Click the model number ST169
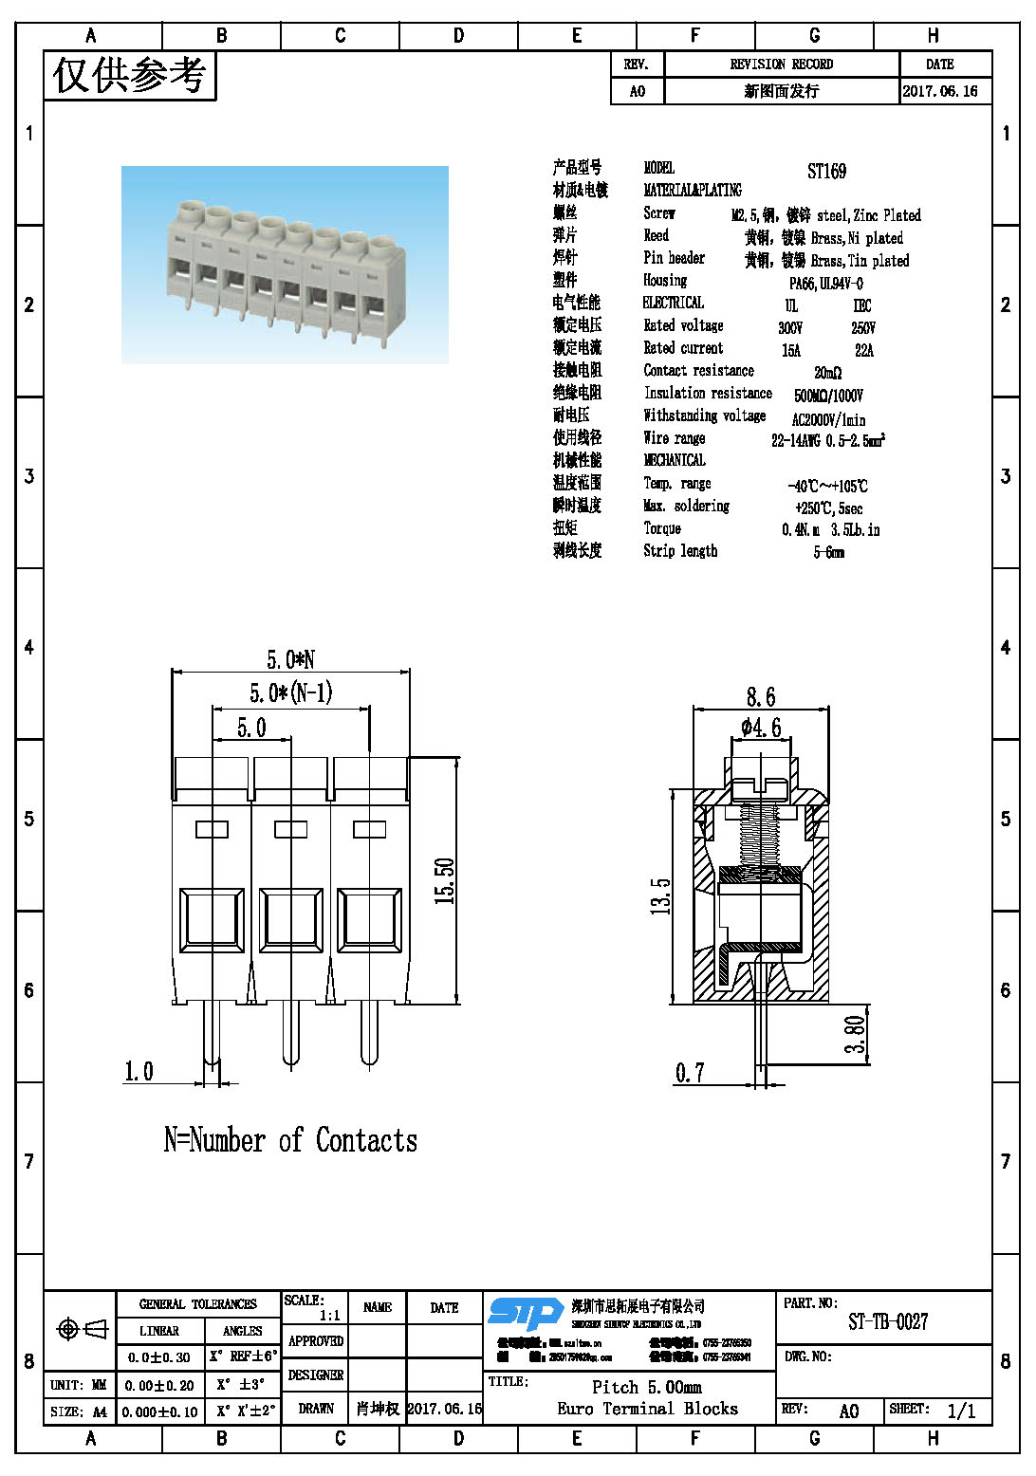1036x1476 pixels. tap(826, 172)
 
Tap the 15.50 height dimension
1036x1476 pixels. tap(444, 880)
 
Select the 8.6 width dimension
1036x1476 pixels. tap(760, 697)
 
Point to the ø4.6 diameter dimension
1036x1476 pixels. tap(761, 728)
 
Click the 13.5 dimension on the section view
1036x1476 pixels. tap(660, 895)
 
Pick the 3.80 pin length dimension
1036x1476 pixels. tap(855, 1034)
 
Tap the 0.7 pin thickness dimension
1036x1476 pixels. tap(690, 1073)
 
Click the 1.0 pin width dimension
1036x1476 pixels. tap(139, 1072)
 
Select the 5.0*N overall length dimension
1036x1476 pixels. tap(290, 659)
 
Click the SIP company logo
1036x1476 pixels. tap(525, 1313)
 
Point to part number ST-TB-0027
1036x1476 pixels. tap(888, 1321)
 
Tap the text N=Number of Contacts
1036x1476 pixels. tap(290, 1140)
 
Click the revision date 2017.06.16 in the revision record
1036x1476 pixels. tap(939, 91)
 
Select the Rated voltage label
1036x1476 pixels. tap(683, 325)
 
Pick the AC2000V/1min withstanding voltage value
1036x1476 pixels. tap(828, 419)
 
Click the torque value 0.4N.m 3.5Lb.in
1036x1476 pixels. tap(830, 529)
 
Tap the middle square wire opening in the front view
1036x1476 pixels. tap(290, 918)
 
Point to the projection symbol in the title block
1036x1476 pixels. tap(83, 1329)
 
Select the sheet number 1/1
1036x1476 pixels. tap(961, 1411)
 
